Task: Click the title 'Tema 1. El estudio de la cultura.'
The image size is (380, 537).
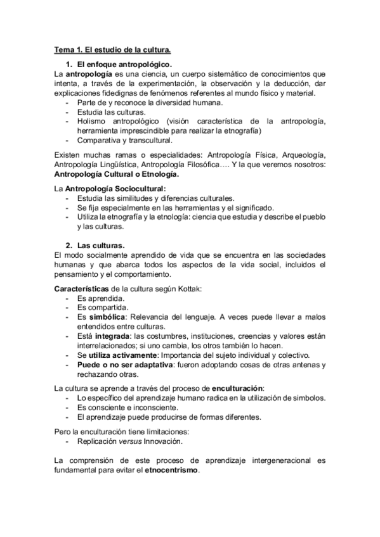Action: pyautogui.click(x=112, y=49)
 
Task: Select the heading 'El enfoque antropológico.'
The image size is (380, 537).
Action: pyautogui.click(x=124, y=65)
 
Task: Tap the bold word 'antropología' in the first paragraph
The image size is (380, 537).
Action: pyautogui.click(x=88, y=75)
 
